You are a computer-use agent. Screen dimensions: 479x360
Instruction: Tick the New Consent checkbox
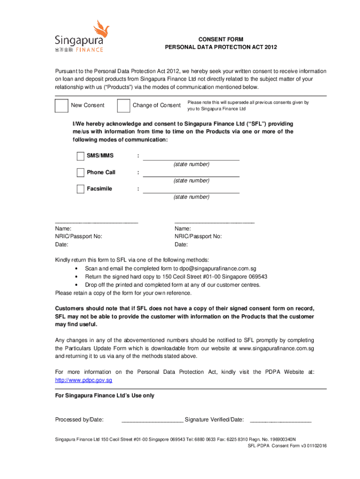[61, 105]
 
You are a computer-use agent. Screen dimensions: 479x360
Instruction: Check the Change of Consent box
[123, 105]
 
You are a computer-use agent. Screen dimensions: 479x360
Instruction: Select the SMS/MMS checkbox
[80, 156]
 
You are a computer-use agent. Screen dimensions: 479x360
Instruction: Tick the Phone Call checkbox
[80, 173]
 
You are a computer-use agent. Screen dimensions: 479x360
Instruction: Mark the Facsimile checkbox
[80, 189]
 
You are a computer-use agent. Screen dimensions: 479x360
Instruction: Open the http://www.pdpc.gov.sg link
[84, 380]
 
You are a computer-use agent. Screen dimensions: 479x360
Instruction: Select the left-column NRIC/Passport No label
[79, 237]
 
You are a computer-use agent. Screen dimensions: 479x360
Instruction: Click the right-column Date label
[181, 245]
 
